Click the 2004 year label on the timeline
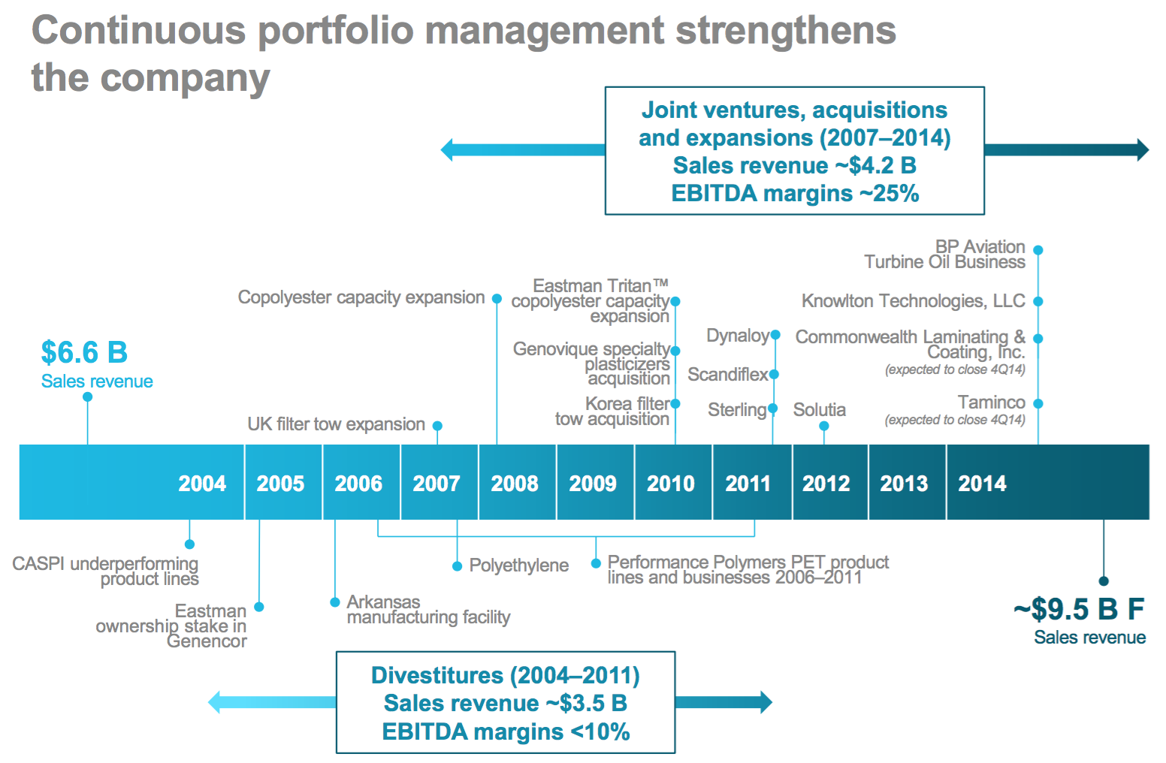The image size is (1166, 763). coord(202,484)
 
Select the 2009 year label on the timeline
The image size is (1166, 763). coord(593,484)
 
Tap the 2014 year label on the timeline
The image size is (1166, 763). coord(982,484)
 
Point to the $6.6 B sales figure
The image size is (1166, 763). coord(84,352)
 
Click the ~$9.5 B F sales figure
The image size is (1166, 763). coord(1079,609)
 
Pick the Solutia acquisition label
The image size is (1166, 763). coord(819,410)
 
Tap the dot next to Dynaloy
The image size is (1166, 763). coord(775,335)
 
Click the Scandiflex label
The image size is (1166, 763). coord(727,374)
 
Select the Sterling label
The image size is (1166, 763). coord(736,410)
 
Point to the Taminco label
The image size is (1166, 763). coord(991,403)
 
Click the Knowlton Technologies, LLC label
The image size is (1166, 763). coord(913,301)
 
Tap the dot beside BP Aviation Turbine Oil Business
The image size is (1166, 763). coord(1038,250)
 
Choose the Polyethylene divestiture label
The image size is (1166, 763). coord(518,565)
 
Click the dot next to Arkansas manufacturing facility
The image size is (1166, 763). coord(335,602)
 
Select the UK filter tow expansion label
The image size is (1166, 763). coord(336,424)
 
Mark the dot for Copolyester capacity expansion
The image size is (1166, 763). coord(497,299)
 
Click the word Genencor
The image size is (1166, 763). coord(207,641)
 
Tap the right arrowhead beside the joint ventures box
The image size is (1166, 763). coord(1143,149)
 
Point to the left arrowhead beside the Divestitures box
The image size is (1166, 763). coord(215,702)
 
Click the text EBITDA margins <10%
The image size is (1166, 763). coord(506,731)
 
